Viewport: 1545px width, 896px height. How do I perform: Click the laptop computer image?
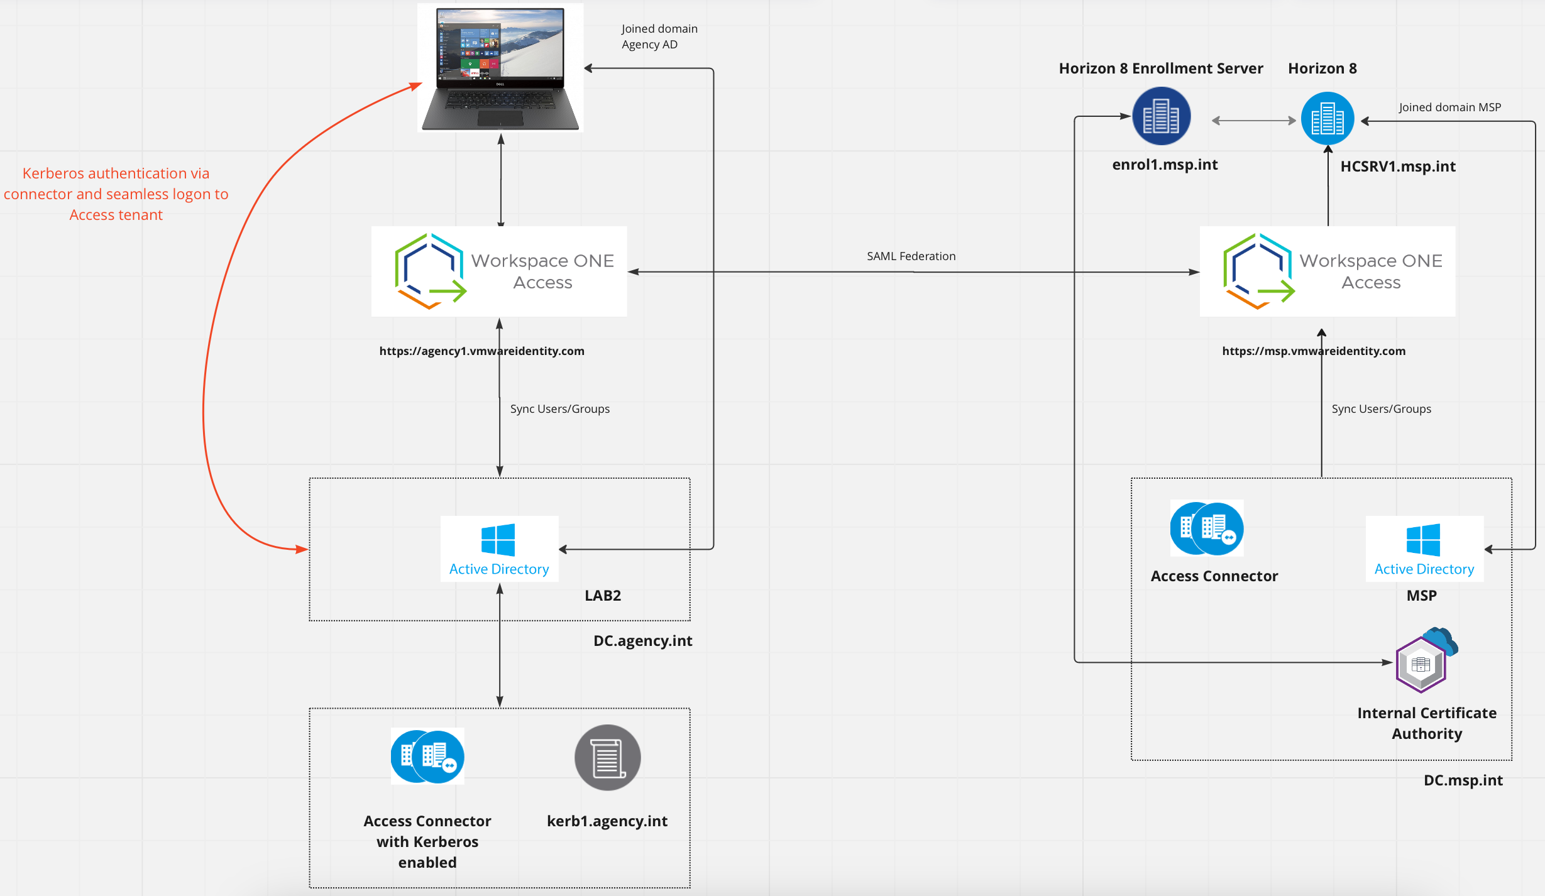coord(500,68)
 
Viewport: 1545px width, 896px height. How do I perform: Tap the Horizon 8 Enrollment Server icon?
coord(1161,116)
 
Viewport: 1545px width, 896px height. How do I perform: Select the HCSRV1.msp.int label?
coord(1397,167)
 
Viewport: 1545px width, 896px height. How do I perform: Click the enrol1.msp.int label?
coord(1165,165)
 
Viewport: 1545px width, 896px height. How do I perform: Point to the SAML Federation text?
coord(911,256)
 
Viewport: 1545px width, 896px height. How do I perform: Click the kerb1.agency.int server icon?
coord(607,757)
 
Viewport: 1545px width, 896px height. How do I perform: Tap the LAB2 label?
coord(603,596)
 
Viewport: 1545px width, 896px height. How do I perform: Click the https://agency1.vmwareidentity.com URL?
coord(481,351)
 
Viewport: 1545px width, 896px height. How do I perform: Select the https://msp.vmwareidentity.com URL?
coord(1314,351)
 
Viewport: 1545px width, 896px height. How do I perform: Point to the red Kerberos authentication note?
coord(116,194)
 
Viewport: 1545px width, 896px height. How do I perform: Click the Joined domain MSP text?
coord(1449,107)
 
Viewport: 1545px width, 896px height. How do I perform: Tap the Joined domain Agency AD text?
coord(659,36)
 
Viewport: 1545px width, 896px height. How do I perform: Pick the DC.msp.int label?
coord(1463,780)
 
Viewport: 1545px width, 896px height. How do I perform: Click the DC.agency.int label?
coord(642,641)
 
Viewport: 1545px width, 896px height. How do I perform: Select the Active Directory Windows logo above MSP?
coord(1423,540)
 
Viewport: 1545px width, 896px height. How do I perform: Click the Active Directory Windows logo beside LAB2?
coord(498,540)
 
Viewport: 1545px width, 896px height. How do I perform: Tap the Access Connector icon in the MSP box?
coord(1206,528)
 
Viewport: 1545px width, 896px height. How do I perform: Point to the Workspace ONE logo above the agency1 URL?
coord(431,271)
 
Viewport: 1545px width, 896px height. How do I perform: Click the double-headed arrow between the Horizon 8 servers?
coord(1253,121)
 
